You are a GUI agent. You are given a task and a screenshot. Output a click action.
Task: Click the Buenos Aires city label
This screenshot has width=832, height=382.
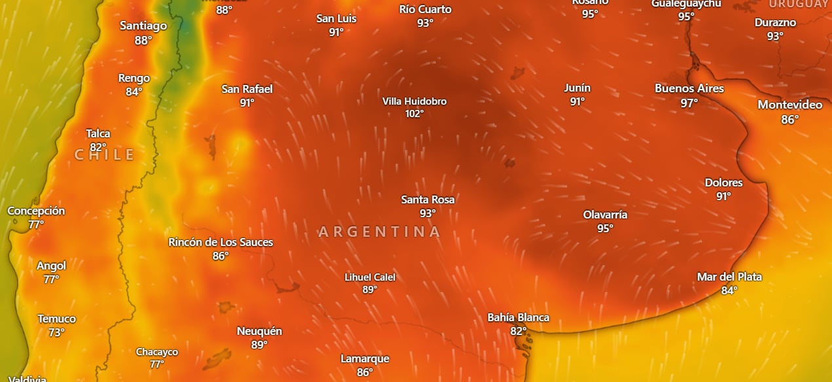coord(689,88)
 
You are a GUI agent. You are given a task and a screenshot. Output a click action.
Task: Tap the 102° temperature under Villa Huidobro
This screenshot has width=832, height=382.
coord(414,114)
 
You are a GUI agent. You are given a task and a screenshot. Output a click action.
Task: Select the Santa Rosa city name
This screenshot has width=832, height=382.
coord(428,200)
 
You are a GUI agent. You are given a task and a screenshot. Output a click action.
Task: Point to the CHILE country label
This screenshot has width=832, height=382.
coord(105,155)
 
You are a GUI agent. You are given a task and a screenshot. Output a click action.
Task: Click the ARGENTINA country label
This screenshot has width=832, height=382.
coord(380,232)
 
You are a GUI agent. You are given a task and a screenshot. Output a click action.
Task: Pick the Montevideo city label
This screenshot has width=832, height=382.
coord(790,105)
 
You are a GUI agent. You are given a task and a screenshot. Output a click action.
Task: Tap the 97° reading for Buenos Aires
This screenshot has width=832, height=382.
coord(689,103)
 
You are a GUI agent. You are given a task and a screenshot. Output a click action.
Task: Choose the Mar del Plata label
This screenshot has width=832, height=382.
coord(729,277)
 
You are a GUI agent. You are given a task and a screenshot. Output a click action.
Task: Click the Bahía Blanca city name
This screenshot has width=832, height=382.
coord(518,317)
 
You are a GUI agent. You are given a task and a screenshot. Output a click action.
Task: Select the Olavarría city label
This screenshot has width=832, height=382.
coord(605,215)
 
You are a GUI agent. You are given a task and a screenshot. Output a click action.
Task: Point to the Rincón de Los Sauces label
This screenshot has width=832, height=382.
coord(221,242)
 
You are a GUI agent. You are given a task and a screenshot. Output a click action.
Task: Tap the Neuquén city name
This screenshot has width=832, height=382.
coord(259,331)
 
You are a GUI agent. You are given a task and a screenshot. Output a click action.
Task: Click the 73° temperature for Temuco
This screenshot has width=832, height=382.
coord(56,333)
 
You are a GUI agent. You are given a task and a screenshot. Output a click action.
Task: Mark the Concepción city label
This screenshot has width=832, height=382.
coord(36,211)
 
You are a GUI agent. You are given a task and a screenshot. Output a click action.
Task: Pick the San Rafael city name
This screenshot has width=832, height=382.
coord(247,89)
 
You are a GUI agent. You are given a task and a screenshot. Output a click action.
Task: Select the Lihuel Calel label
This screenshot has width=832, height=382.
coord(370,277)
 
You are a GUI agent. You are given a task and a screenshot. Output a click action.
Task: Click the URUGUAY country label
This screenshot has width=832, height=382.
coord(800,3)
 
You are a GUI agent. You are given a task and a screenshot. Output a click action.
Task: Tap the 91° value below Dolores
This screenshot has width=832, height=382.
coord(723,196)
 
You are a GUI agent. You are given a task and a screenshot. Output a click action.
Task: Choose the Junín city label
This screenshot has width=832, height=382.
coord(577,88)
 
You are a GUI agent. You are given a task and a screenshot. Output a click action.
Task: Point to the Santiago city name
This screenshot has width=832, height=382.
coord(143,26)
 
